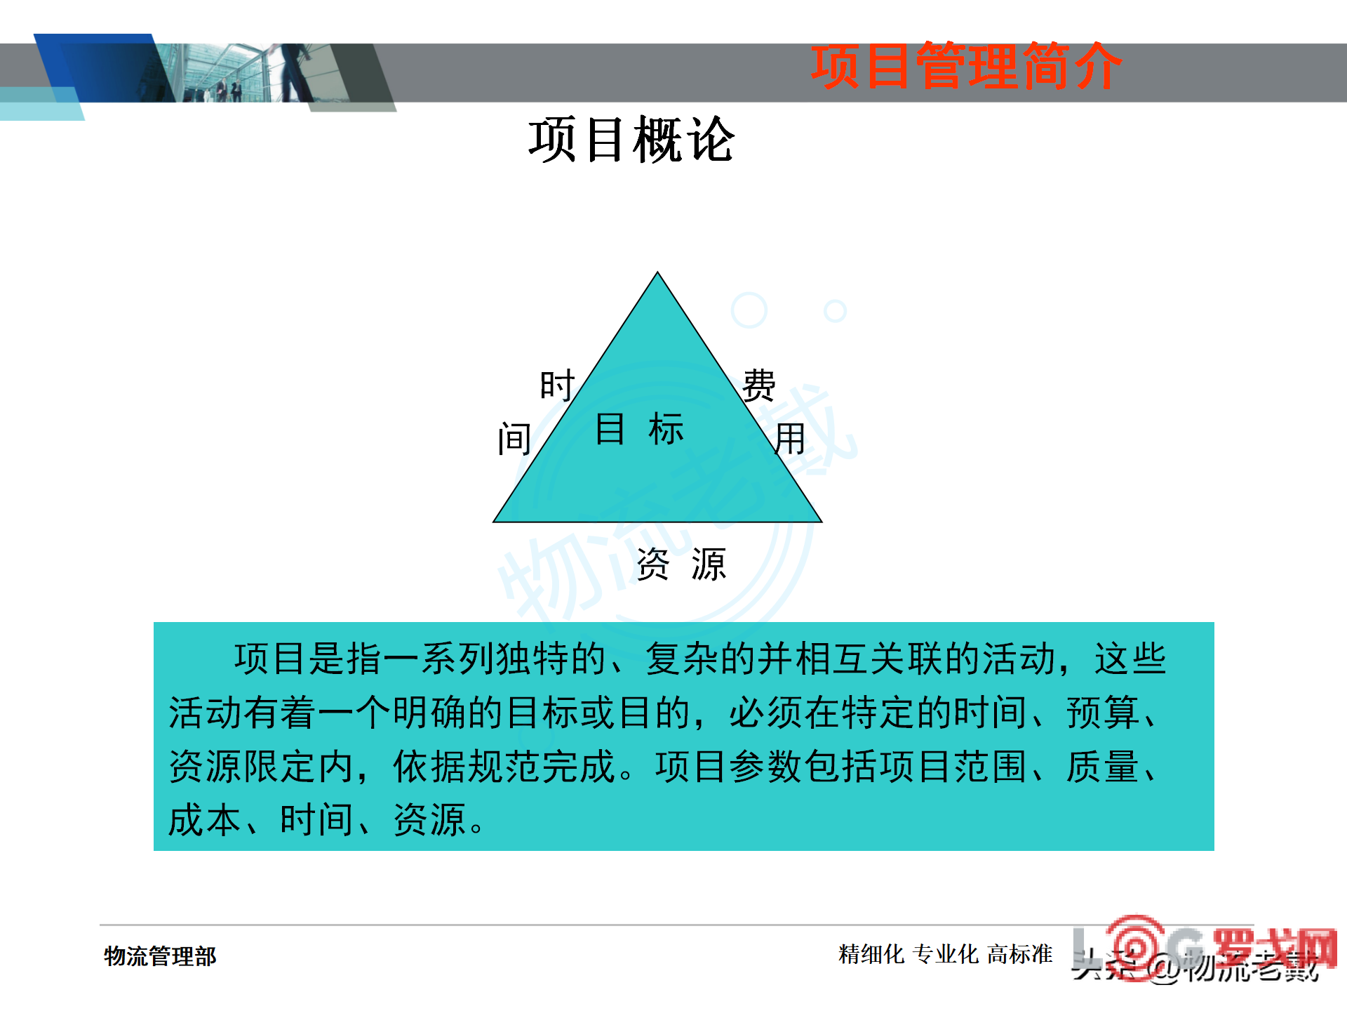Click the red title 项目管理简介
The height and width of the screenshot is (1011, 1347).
[966, 67]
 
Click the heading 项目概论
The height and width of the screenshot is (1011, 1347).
[631, 140]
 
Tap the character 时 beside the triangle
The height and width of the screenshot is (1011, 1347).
[557, 385]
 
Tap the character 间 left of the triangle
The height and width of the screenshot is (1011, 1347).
[514, 440]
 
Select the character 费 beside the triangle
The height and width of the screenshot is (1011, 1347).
[759, 385]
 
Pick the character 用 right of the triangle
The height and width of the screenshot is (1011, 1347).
[790, 440]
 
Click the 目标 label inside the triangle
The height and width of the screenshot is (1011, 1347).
[639, 429]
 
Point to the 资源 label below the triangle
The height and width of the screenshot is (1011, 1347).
[681, 564]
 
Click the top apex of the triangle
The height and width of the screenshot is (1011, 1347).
[657, 275]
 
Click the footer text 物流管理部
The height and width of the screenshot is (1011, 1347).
[160, 956]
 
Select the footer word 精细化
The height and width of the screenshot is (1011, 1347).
[871, 954]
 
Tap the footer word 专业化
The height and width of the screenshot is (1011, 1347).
[946, 954]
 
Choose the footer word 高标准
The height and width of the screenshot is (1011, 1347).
[1019, 954]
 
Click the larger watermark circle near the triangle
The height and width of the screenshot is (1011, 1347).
[749, 310]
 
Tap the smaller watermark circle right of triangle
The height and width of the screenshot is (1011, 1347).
[835, 310]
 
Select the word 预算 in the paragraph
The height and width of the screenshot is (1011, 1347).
[1102, 713]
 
